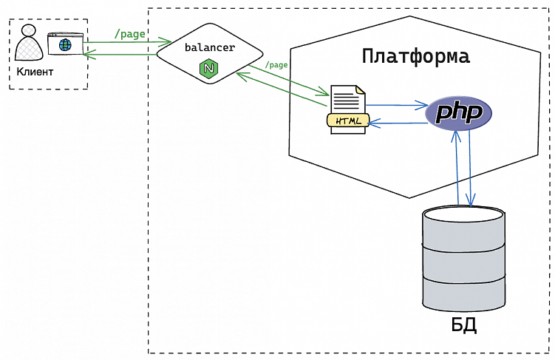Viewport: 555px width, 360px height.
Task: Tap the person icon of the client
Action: pyautogui.click(x=29, y=45)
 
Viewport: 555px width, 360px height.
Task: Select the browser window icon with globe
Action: pyautogui.click(x=65, y=44)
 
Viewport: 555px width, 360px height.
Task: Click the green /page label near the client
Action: pyautogui.click(x=130, y=34)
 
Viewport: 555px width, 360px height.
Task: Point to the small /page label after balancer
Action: pyautogui.click(x=276, y=65)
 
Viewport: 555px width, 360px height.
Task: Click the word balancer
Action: pyautogui.click(x=210, y=47)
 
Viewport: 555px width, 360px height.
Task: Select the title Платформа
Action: pyautogui.click(x=416, y=56)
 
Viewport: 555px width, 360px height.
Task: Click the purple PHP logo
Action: pyautogui.click(x=459, y=113)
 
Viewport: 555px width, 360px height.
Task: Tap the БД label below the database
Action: pyautogui.click(x=463, y=325)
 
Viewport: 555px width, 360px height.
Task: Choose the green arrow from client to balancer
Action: pyautogui.click(x=122, y=42)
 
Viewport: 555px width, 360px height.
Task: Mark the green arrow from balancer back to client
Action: pyautogui.click(x=122, y=53)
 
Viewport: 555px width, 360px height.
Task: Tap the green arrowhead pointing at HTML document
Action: pyautogui.click(x=324, y=94)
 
